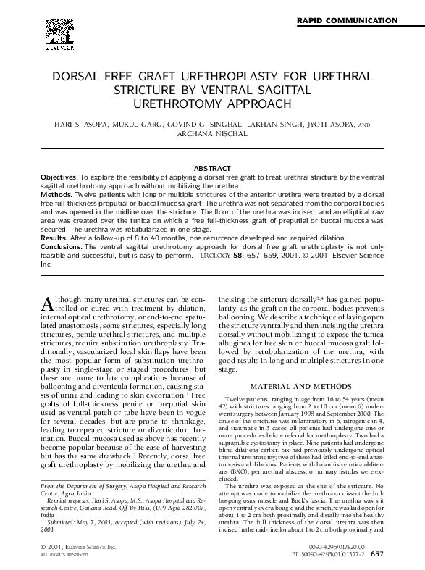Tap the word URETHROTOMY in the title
pos(196,103)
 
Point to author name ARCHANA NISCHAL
pos(211,134)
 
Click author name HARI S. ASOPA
pos(73,125)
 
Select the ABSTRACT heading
pos(212,168)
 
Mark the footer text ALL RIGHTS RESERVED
pos(62,555)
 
